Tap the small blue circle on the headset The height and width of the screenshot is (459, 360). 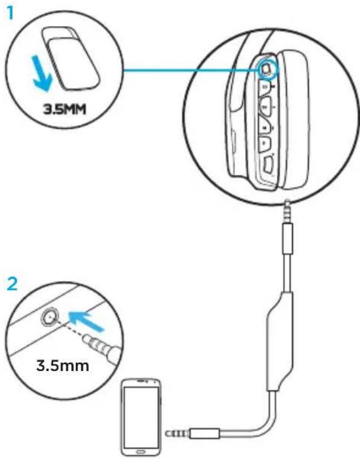click(x=267, y=68)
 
